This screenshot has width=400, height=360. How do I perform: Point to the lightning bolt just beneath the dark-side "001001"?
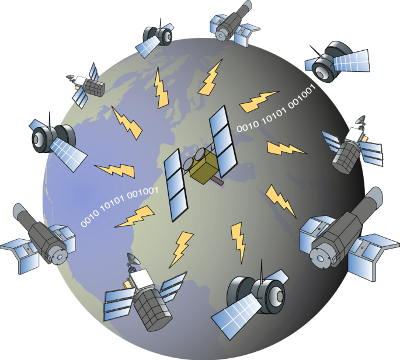[286, 149]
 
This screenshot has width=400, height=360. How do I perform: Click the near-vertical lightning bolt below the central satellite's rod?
[239, 240]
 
